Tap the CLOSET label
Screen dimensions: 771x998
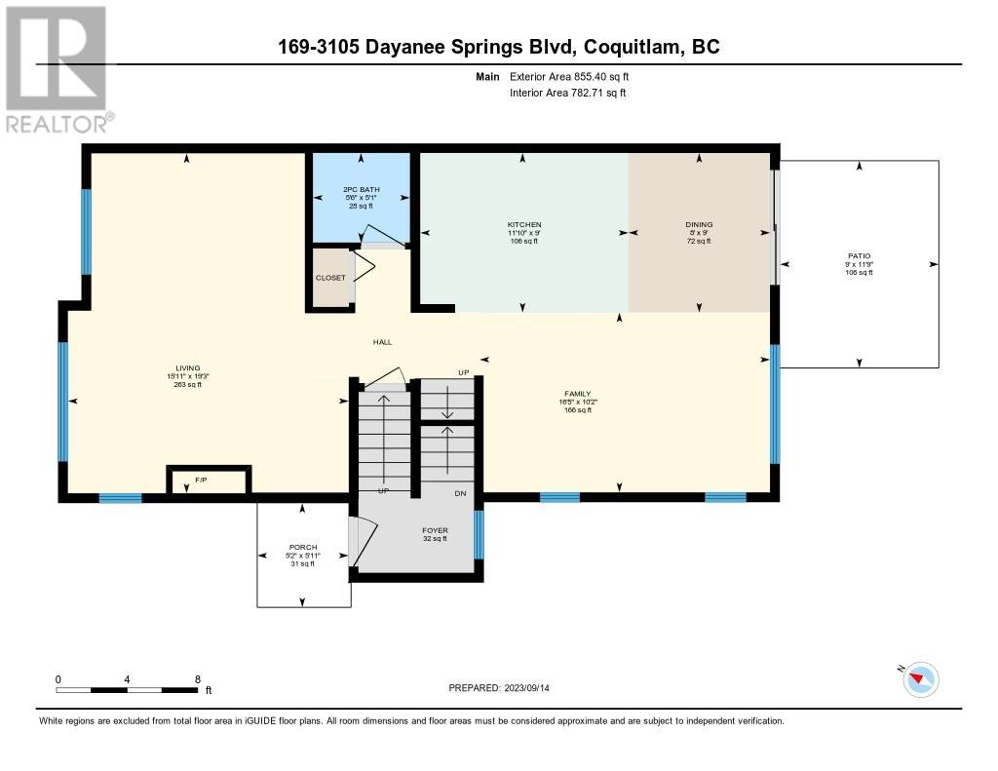coord(330,278)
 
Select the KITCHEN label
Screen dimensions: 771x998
coord(523,225)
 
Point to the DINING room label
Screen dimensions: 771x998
coord(699,225)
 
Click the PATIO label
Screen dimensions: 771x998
coord(859,256)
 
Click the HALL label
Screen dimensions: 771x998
coord(382,342)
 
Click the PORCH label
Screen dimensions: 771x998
coord(303,547)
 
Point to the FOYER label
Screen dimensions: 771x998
coord(435,531)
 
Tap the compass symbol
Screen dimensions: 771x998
coord(920,679)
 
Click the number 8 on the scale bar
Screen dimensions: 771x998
coord(198,679)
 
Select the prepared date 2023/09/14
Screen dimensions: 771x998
coord(534,688)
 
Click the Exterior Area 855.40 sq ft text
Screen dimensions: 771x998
coord(576,76)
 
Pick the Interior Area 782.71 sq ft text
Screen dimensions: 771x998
coord(567,93)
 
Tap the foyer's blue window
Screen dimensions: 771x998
coord(479,534)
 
